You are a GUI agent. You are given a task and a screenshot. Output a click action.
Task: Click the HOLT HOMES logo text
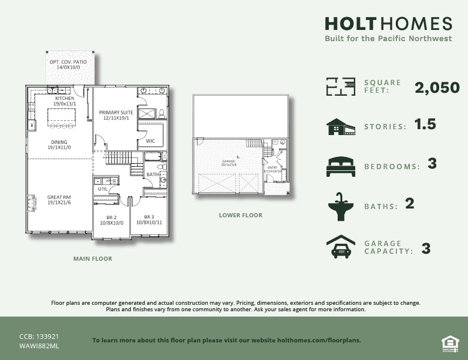coord(388,23)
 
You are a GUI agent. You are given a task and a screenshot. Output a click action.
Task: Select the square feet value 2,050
coord(437,88)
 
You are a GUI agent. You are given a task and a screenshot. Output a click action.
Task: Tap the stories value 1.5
coord(425,125)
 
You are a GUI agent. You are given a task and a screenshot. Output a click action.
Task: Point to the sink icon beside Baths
coord(341,207)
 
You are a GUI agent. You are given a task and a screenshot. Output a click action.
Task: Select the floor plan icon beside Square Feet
coord(341,86)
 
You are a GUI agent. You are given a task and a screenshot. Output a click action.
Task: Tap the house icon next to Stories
coord(341,127)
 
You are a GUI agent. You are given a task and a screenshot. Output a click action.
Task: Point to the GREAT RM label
coord(59,200)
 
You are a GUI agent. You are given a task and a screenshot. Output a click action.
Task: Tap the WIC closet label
coord(150,141)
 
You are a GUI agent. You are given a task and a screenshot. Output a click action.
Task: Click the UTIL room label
coord(103,189)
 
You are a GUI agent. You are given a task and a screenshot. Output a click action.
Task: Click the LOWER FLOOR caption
coord(240,216)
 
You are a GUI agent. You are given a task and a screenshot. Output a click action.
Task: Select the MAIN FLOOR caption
coord(92,258)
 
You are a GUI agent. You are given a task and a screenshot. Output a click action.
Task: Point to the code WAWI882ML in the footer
coord(39,346)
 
